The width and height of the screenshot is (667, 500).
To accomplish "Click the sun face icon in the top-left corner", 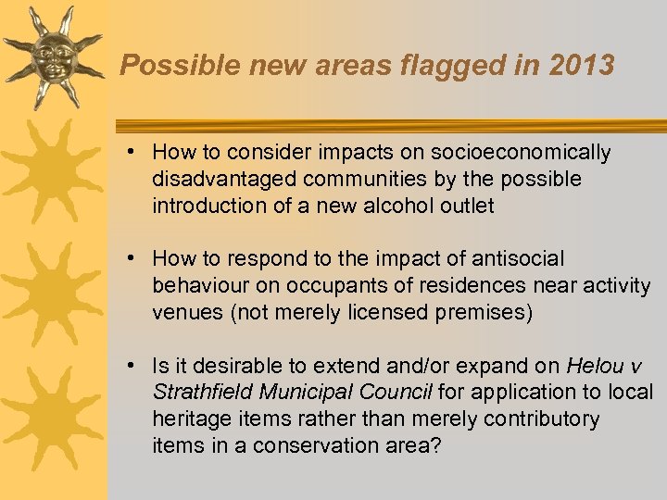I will click(x=52, y=58).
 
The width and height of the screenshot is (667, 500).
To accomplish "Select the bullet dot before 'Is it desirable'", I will click(x=135, y=367).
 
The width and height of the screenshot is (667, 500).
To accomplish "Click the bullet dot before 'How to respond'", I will click(x=135, y=259).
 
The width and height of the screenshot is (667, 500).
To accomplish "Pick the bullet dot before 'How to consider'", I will click(x=135, y=152).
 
